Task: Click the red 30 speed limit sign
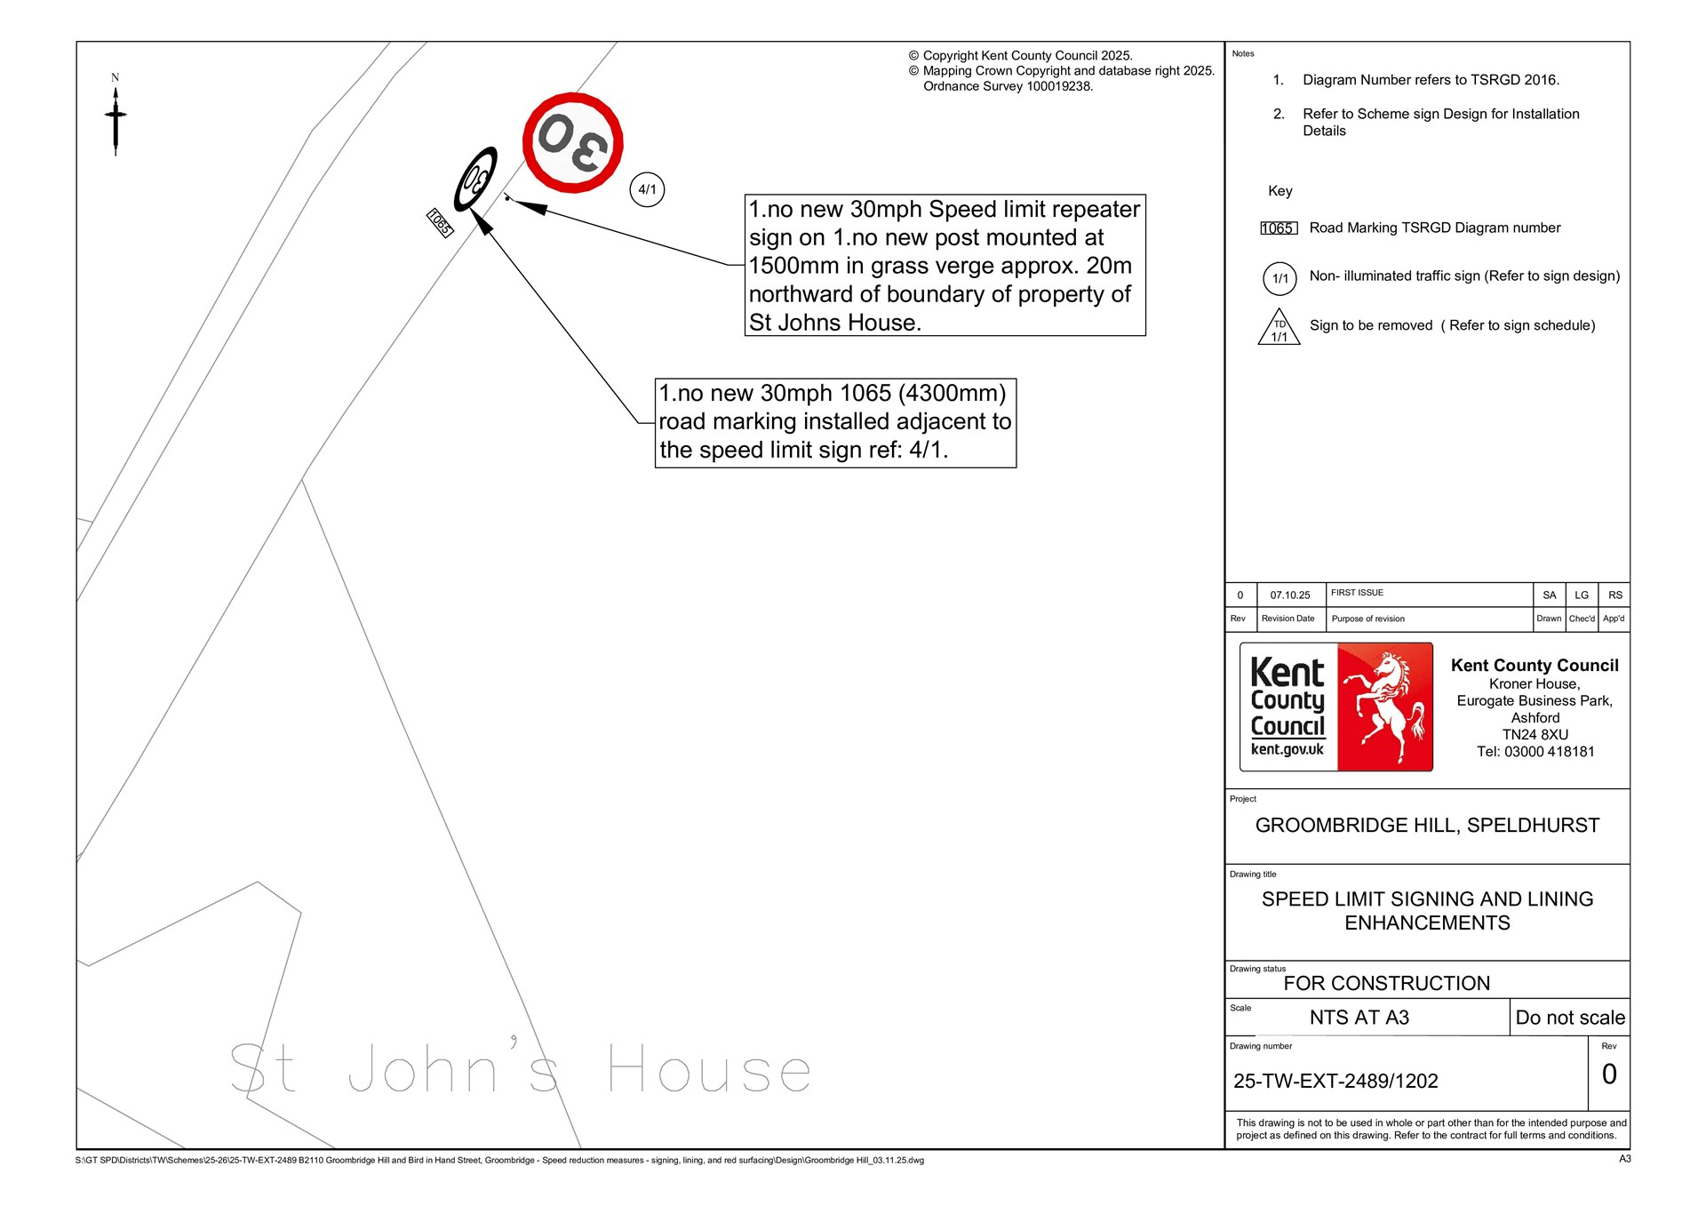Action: (572, 142)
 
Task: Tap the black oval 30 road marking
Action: (475, 180)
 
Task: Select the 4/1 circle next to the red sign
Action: (647, 189)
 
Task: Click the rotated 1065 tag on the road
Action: (440, 222)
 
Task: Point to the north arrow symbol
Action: (116, 116)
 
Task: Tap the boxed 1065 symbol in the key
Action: (1279, 228)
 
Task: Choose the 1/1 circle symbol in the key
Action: (1279, 278)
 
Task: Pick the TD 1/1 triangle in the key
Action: (1279, 327)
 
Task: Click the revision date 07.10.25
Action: (1290, 595)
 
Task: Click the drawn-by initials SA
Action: (1550, 595)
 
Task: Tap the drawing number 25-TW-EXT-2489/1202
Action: (1335, 1082)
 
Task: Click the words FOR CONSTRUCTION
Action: (1386, 984)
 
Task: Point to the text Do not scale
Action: (1570, 1018)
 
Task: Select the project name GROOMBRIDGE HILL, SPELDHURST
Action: (1427, 826)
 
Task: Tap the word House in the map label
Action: (709, 1068)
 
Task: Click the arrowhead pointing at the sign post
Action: (530, 207)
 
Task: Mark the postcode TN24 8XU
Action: (1535, 735)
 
